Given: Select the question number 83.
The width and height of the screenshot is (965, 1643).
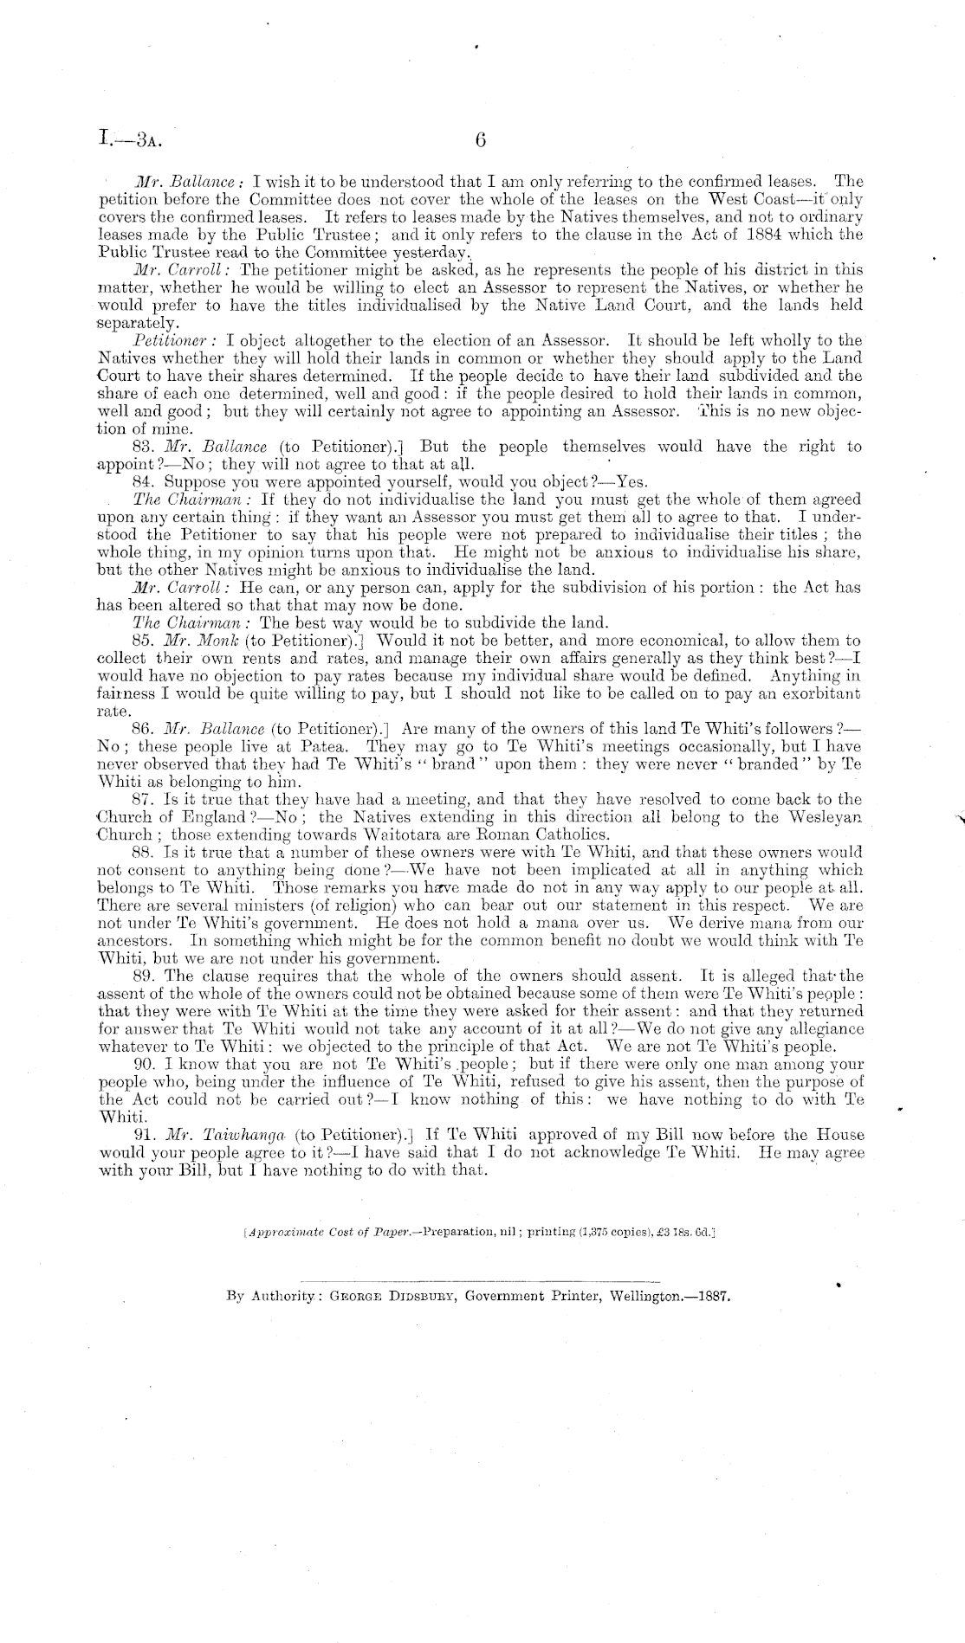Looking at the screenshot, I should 146,447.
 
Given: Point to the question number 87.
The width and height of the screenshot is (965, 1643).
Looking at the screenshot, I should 146,799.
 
